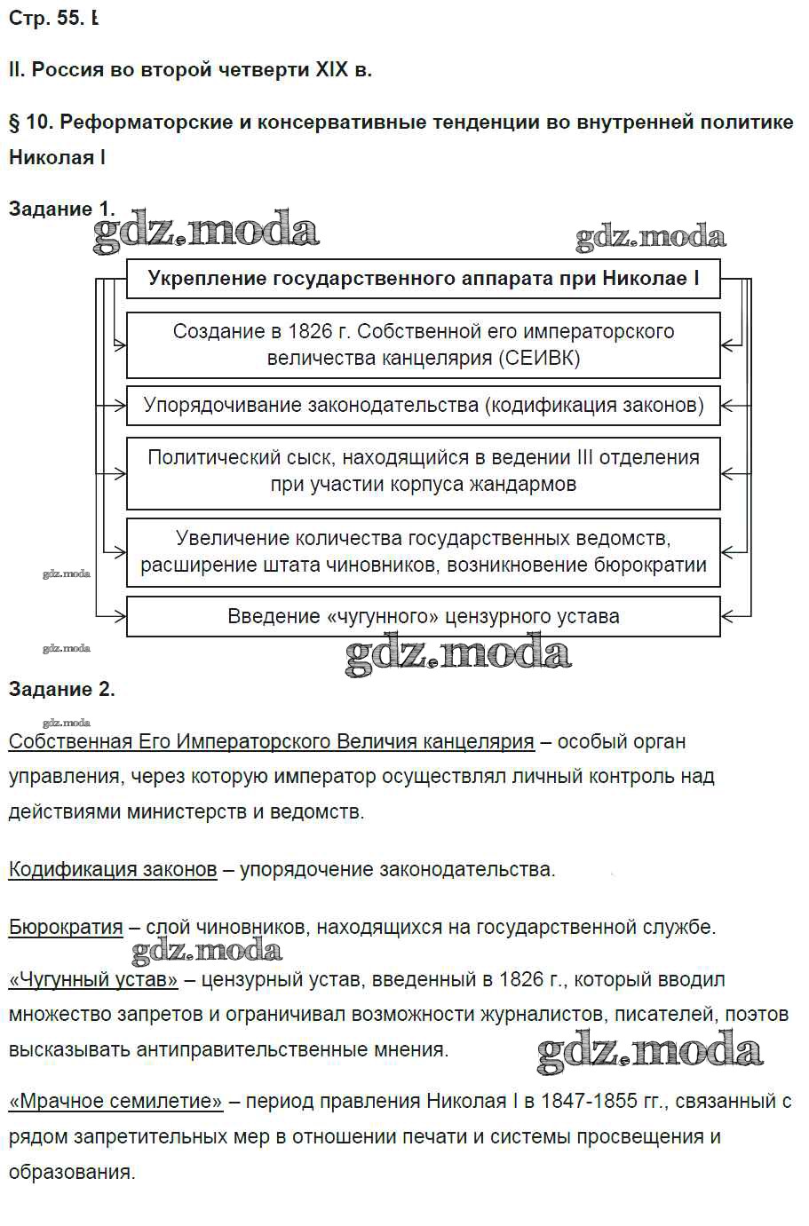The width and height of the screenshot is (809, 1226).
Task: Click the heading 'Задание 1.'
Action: click(x=61, y=209)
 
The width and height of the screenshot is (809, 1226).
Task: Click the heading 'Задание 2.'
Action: click(x=61, y=689)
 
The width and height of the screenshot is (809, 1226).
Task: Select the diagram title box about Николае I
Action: click(x=423, y=279)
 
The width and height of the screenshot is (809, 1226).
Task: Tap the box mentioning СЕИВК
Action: click(x=423, y=344)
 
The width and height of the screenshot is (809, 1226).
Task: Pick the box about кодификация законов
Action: click(x=423, y=406)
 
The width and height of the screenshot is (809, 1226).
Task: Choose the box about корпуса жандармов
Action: click(x=423, y=471)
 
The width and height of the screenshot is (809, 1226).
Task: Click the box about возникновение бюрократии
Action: click(x=423, y=551)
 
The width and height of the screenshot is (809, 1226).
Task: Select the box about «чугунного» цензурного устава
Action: click(x=423, y=616)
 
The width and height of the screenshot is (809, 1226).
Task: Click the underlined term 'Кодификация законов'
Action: click(x=113, y=869)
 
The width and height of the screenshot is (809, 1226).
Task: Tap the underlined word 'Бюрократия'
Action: click(x=66, y=927)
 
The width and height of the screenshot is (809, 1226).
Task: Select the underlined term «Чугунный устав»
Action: click(x=93, y=979)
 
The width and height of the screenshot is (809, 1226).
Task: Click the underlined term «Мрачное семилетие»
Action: click(x=115, y=1102)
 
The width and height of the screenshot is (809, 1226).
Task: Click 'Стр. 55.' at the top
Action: click(x=44, y=18)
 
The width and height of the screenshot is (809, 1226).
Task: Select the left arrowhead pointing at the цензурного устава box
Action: click(x=120, y=615)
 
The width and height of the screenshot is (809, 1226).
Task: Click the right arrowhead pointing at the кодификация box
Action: click(x=727, y=406)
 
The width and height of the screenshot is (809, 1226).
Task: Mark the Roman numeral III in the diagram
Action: click(x=584, y=458)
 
